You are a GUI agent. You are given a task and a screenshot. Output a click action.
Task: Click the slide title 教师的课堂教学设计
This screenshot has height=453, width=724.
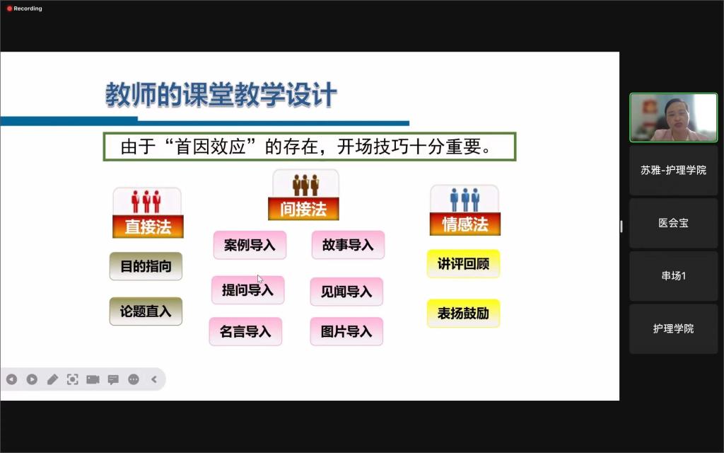221,96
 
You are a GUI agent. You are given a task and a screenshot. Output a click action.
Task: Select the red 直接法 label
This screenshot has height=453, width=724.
148,226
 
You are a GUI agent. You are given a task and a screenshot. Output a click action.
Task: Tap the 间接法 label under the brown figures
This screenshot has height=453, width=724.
303,209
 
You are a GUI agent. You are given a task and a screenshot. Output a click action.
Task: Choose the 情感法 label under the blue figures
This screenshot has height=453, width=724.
465,224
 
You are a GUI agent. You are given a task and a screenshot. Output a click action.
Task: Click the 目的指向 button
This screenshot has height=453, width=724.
146,266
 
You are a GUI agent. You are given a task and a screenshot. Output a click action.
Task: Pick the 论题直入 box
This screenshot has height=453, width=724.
146,311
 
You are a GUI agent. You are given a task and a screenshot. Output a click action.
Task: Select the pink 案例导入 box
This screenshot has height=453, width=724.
250,245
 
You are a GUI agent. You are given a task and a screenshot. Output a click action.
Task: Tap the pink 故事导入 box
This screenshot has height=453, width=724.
348,245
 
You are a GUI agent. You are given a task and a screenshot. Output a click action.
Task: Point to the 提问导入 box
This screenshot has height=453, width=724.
248,290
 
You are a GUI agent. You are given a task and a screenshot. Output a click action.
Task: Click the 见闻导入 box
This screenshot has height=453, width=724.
346,292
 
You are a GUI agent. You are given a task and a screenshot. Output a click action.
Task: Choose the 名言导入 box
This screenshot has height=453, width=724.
245,331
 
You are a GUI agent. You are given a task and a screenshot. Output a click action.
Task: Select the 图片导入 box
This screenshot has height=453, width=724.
346,331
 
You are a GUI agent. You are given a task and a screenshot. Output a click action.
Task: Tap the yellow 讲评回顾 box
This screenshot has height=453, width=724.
464,264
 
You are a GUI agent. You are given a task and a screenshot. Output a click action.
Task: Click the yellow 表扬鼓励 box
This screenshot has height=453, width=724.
464,314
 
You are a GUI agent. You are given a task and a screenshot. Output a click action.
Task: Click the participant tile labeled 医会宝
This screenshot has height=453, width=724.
674,223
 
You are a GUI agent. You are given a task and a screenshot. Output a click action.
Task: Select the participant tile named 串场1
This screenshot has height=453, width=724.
674,276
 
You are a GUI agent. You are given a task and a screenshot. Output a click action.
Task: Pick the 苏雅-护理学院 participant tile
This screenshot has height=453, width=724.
674,171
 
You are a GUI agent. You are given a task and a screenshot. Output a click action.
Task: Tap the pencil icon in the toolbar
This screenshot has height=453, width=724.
52,379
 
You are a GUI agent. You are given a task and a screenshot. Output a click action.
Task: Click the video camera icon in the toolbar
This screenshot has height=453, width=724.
93,379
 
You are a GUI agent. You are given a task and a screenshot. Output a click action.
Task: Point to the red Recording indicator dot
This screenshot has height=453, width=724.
9,8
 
